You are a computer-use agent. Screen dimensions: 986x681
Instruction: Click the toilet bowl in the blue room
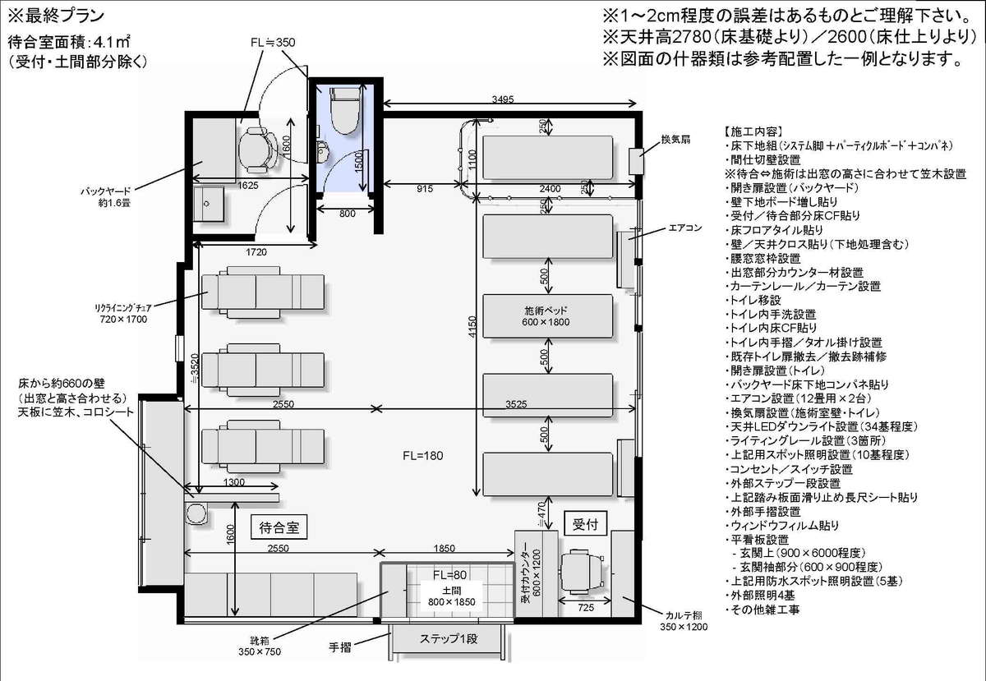pos(345,110)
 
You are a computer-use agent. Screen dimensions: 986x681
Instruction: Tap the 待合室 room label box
pos(279,527)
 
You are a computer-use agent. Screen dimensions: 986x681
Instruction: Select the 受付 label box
pos(585,523)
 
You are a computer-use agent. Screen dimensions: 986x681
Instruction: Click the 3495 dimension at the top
pos(503,99)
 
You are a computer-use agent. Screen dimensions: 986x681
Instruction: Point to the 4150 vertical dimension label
pos(472,326)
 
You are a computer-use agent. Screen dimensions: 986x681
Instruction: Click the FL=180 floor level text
pos(422,456)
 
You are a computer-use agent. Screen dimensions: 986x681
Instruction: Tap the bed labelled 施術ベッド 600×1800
pos(547,316)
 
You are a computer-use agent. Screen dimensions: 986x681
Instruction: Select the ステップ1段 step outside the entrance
pos(448,639)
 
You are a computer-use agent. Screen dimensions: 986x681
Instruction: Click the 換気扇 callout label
pos(675,140)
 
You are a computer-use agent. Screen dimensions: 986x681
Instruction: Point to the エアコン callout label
pos(685,228)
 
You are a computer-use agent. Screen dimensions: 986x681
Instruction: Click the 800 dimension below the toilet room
pos(348,214)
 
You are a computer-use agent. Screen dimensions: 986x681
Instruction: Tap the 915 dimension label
pos(424,189)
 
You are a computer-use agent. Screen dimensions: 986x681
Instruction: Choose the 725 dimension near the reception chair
pos(585,608)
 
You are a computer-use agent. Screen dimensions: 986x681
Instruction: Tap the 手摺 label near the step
pos(340,647)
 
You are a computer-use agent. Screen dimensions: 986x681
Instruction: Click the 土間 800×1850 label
pos(452,596)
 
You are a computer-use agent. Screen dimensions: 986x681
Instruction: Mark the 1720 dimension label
pos(256,252)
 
